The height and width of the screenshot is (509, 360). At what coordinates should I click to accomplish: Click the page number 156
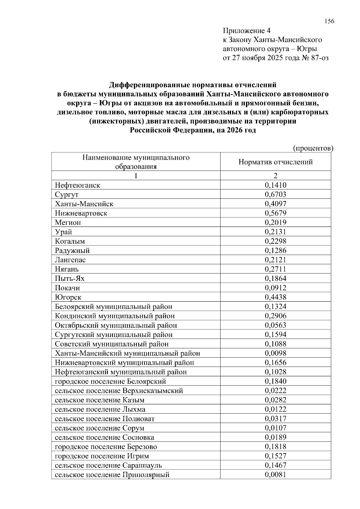point(329,21)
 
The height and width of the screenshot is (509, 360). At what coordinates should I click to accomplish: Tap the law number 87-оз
point(320,58)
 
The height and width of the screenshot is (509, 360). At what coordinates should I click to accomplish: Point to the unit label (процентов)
point(313,148)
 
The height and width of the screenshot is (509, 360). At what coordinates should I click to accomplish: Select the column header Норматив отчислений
point(275,162)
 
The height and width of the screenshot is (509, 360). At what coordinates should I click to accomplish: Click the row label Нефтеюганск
point(77,185)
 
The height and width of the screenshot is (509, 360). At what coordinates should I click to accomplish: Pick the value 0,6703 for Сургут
point(275,195)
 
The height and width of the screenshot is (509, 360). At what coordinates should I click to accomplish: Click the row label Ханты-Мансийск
point(84,204)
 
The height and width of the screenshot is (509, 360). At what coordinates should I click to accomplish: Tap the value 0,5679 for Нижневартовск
point(275,213)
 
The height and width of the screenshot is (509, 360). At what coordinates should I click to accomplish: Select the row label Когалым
point(70,241)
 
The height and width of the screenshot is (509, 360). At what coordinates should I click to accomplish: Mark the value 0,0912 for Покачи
point(275,288)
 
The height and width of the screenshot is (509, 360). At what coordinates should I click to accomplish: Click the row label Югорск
point(68,297)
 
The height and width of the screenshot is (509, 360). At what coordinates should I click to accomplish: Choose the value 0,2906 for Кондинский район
point(275,316)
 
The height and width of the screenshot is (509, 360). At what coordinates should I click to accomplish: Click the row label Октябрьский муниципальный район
point(116,325)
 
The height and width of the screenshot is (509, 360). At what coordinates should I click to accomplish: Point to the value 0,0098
point(275,353)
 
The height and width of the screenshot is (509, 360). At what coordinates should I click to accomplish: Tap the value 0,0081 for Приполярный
point(275,475)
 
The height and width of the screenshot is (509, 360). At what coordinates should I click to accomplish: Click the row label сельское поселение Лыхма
point(100,409)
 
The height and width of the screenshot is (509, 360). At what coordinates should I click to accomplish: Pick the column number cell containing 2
point(275,176)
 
